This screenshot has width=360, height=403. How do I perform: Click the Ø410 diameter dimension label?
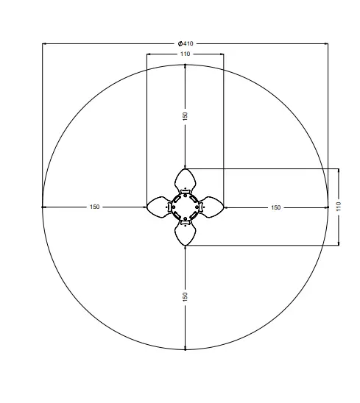coord(185,43)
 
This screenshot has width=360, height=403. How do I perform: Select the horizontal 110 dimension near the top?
coord(185,54)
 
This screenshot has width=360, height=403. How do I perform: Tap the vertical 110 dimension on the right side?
coord(339,207)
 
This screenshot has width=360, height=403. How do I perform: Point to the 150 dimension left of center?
coord(94,207)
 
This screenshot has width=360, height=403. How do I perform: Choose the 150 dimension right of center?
coord(275,207)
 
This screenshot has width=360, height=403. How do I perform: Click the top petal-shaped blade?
coord(186,179)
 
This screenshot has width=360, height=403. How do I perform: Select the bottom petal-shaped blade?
coord(186,235)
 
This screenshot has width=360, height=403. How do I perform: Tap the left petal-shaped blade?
coord(158,207)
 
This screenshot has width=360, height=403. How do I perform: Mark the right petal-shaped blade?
coord(213,207)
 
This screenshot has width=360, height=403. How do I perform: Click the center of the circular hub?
coord(186,207)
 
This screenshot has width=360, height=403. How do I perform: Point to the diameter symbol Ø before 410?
coord(180,43)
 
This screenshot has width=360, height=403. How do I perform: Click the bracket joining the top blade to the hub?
coord(186,192)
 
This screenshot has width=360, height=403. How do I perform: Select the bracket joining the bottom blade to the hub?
coord(186,221)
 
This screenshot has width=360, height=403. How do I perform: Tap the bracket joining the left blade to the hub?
coord(171,207)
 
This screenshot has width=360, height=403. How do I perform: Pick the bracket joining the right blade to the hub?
coord(200,207)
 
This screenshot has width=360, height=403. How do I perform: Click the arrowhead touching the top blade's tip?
coord(186,167)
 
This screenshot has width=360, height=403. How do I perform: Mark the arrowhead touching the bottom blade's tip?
coord(186,247)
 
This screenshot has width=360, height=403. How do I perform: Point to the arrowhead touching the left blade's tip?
coord(144,207)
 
